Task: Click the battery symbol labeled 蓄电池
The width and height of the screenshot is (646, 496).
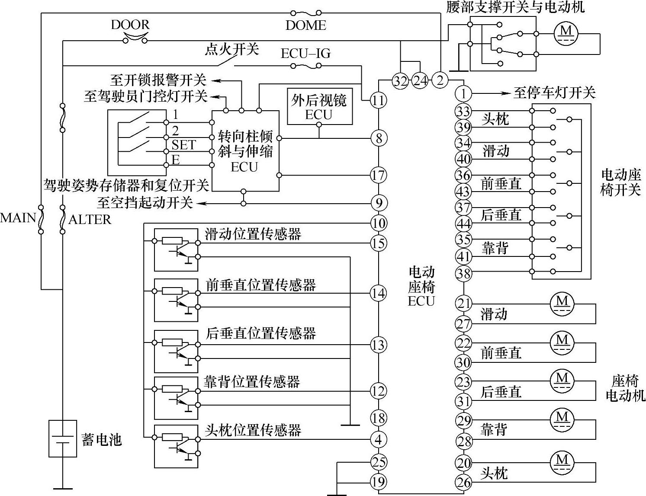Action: pyautogui.click(x=63, y=438)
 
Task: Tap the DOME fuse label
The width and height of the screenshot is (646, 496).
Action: pyautogui.click(x=305, y=26)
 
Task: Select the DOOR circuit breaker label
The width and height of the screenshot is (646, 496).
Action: pyautogui.click(x=130, y=24)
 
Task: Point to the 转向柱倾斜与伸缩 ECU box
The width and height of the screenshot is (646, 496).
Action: pyautogui.click(x=245, y=151)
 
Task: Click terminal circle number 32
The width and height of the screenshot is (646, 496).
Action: pyautogui.click(x=400, y=80)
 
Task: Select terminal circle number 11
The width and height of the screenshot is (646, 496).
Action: pyautogui.click(x=378, y=101)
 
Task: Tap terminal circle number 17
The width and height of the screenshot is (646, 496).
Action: pyautogui.click(x=378, y=176)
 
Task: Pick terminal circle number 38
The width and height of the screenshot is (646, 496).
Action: pyautogui.click(x=463, y=273)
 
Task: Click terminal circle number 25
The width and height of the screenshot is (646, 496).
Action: pyautogui.click(x=378, y=462)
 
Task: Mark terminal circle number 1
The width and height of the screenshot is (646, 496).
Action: pyautogui.click(x=463, y=93)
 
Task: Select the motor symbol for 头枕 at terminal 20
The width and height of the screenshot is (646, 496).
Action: pyautogui.click(x=562, y=460)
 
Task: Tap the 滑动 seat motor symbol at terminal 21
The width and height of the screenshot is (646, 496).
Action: pyautogui.click(x=562, y=302)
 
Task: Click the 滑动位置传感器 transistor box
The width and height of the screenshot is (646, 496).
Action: pyautogui.click(x=176, y=250)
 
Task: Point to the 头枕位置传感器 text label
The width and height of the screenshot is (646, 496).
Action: pyautogui.click(x=253, y=430)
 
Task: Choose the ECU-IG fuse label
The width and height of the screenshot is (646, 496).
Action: pyautogui.click(x=305, y=53)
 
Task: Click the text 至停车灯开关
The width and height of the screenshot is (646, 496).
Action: pyautogui.click(x=554, y=93)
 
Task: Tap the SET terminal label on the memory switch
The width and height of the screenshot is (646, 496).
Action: pyautogui.click(x=183, y=145)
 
